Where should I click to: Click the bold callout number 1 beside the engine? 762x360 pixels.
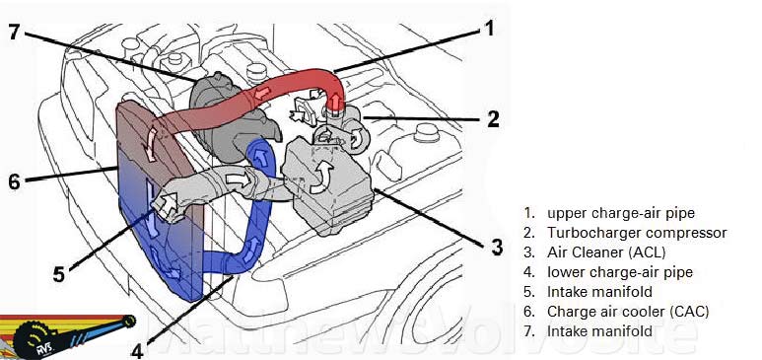487,29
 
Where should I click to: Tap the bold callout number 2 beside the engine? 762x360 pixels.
494,119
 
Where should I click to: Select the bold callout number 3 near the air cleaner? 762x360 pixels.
497,246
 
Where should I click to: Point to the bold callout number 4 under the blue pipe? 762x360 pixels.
137,348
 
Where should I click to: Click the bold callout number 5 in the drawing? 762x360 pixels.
59,273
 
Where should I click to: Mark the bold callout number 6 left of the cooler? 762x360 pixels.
14,182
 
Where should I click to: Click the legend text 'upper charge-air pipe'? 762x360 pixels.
608,213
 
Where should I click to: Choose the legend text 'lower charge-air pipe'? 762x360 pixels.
607,272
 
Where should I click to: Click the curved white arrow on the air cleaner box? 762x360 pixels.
320,177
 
